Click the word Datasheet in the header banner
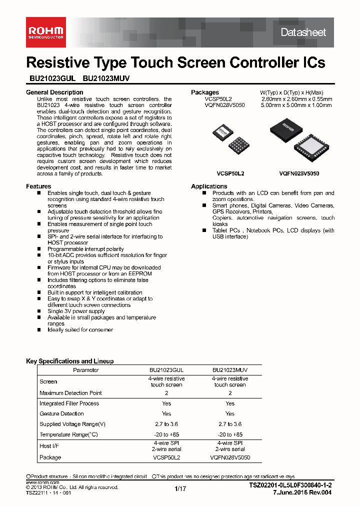tap(303, 32)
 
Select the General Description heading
tap(54, 92)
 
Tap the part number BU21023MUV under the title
tap(106, 78)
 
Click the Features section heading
tap(38, 186)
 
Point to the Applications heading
tap(209, 186)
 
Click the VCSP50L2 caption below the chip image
tap(230, 173)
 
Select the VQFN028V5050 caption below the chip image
tap(299, 173)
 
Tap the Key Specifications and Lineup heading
tap(69, 361)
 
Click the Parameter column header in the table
tap(86, 370)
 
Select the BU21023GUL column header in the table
tap(166, 370)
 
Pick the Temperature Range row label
tap(69, 435)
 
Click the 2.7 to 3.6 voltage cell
tap(166, 424)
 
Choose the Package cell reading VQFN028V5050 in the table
tap(230, 457)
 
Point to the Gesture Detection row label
tap(61, 413)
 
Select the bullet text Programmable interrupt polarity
tap(85, 249)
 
